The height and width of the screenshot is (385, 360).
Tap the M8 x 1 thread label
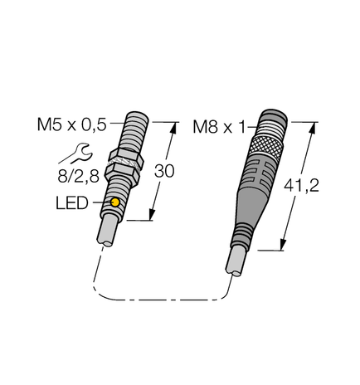pyautogui.click(x=219, y=127)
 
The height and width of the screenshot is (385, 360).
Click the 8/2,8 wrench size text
pyautogui.click(x=72, y=175)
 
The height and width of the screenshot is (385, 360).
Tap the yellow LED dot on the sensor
pyautogui.click(x=114, y=202)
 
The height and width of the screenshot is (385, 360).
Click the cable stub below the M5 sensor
pyautogui.click(x=109, y=230)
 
